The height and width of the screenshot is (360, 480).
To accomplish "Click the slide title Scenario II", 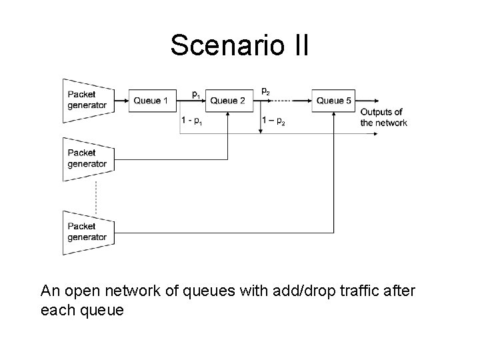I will click(x=239, y=45).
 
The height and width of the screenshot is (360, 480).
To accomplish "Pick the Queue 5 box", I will click(x=333, y=101).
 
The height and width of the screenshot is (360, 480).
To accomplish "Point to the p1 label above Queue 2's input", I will click(x=196, y=95).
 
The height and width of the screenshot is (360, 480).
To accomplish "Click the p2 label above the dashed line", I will click(x=265, y=91).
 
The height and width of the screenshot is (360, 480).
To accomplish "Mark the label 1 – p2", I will click(x=273, y=121).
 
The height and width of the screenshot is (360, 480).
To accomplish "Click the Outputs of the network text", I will click(x=383, y=117).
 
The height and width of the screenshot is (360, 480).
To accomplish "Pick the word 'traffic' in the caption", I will click(x=359, y=291).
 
